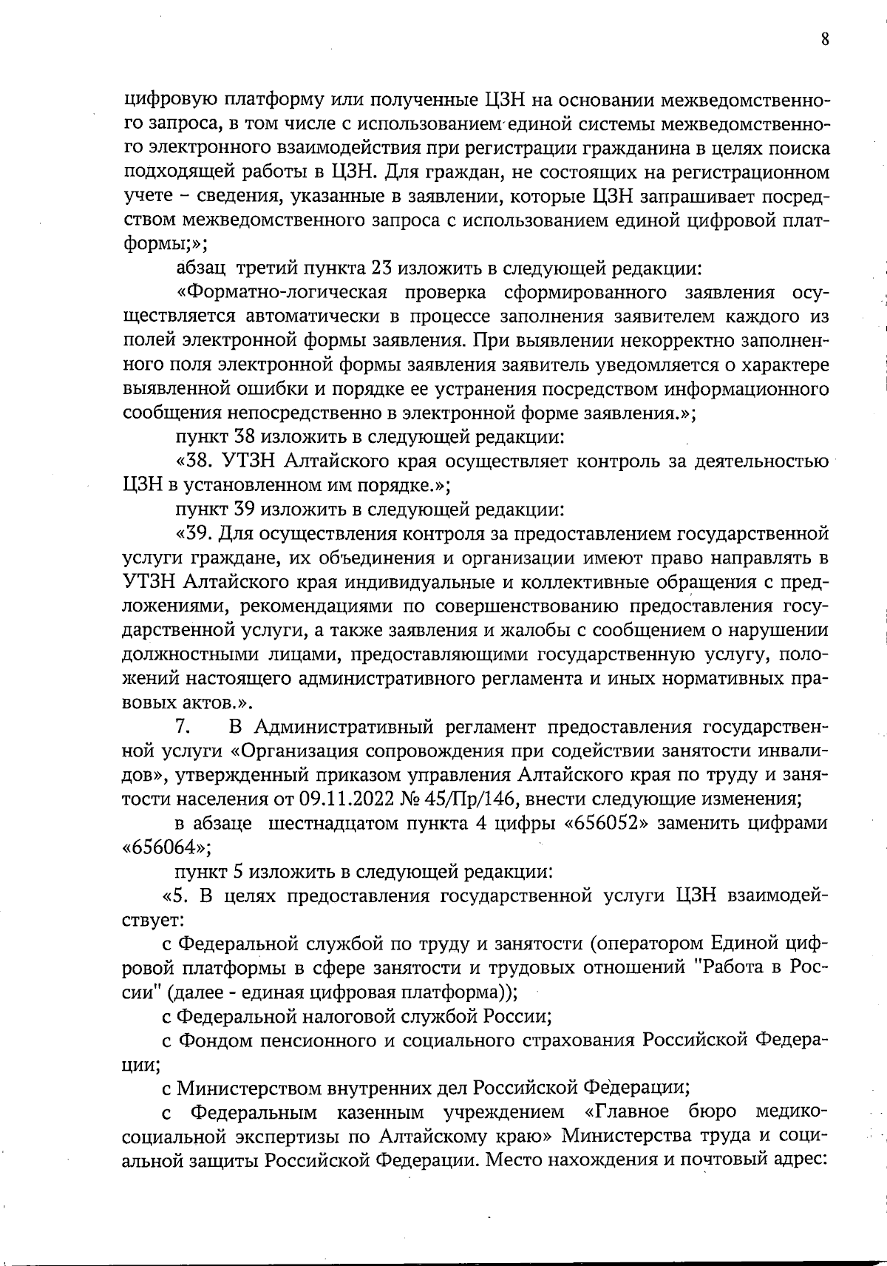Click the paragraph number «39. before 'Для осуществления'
tap(195, 534)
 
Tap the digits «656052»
tap(607, 824)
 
